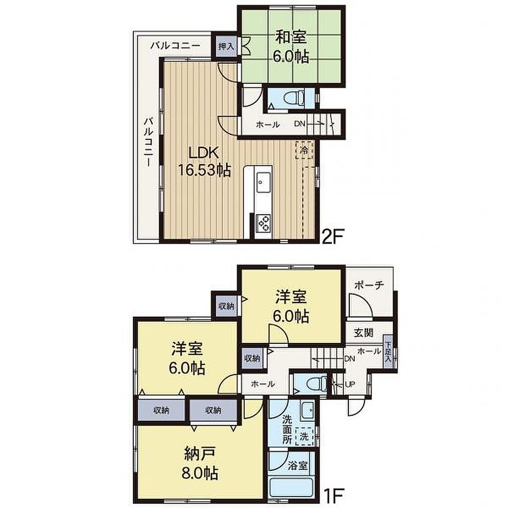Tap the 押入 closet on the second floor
click(226, 46)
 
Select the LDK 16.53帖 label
click(204, 161)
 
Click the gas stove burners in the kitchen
click(263, 223)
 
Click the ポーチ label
click(369, 285)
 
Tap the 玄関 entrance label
click(363, 333)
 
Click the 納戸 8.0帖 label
click(200, 464)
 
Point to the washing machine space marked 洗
click(304, 437)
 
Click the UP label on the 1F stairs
click(350, 384)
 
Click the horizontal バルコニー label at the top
click(175, 46)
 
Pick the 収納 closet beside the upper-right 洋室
click(226, 306)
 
